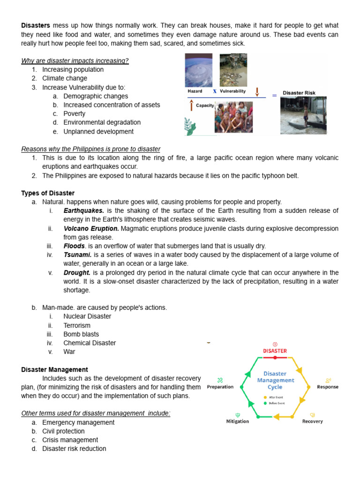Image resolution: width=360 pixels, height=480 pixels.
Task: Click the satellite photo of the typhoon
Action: click(201, 70)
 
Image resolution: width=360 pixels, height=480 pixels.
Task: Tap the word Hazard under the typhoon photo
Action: click(195, 91)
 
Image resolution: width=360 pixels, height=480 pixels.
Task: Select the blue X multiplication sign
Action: click(214, 91)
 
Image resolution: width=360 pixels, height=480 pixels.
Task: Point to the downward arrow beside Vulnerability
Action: click(257, 91)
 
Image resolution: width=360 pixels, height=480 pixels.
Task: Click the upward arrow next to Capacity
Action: click(191, 106)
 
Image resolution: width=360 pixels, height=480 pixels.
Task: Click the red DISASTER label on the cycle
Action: click(275, 351)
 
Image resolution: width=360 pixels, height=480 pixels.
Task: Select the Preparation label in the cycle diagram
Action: click(220, 387)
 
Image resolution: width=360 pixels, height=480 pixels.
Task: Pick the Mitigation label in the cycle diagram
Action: click(238, 421)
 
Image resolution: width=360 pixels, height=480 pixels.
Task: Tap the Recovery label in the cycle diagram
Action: click(312, 421)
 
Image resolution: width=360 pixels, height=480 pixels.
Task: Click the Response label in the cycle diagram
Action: click(328, 387)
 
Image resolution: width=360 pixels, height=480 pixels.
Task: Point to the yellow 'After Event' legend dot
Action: click(265, 397)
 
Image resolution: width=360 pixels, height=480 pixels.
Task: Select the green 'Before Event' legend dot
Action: click(265, 403)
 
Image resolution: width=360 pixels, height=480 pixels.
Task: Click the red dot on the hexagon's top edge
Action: click(275, 358)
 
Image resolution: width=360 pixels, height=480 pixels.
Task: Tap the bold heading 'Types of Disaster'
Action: click(48, 193)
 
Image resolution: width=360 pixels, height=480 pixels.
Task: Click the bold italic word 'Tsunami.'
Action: click(77, 255)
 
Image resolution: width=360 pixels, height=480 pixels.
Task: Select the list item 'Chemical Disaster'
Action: click(90, 343)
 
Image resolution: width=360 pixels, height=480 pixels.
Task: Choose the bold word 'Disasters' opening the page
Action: click(36, 25)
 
